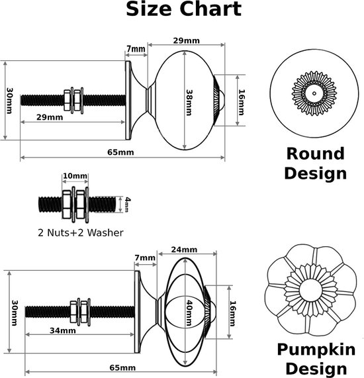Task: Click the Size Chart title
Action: click(183, 10)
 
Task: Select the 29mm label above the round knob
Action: click(187, 41)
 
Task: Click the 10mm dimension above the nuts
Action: click(75, 177)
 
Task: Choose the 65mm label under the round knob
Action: click(120, 152)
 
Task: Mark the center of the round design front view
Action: click(314, 93)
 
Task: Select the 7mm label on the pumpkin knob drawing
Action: click(146, 258)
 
